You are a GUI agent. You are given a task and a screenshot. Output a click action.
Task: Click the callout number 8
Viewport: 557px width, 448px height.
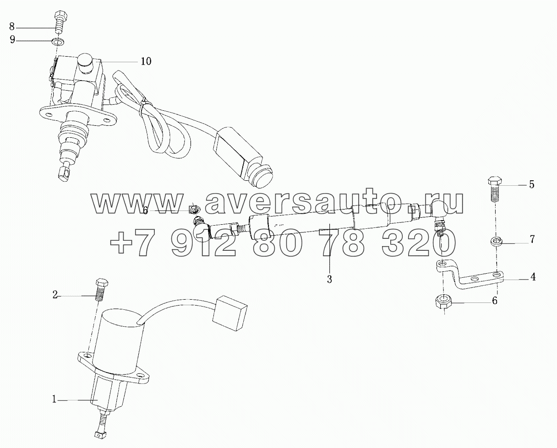tap(12, 27)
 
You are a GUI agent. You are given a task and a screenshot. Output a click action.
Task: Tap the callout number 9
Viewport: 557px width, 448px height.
tap(12, 39)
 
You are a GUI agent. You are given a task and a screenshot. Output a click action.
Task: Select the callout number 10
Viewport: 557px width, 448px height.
tap(146, 61)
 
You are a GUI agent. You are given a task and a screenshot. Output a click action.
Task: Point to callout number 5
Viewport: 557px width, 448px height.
tap(531, 185)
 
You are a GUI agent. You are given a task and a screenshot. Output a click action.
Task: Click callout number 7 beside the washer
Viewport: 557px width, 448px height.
tap(532, 239)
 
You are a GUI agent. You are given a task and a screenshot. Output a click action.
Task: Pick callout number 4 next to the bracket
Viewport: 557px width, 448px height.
tap(533, 277)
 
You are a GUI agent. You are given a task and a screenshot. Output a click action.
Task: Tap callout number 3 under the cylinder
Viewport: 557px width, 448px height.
tap(329, 279)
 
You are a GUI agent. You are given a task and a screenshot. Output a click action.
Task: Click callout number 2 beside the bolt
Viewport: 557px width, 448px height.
tap(55, 295)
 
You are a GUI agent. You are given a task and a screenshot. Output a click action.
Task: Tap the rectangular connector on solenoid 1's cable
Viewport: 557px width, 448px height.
tap(229, 313)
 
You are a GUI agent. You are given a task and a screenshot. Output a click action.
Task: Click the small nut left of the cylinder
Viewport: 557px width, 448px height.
tap(194, 209)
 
